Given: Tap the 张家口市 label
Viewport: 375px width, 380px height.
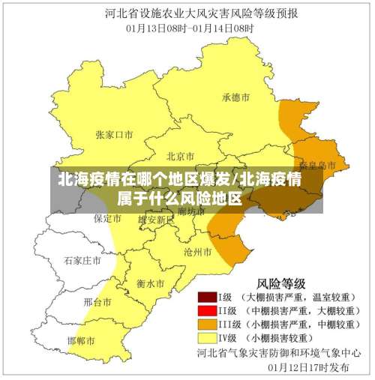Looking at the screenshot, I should point(114,135).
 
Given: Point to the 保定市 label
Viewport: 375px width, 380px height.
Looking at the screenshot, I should point(107,219).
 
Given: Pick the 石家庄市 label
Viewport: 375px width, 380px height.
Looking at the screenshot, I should point(82,261).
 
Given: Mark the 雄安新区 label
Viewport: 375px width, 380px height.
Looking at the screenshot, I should point(156,220).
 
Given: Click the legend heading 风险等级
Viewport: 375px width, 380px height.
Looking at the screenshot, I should point(281,283).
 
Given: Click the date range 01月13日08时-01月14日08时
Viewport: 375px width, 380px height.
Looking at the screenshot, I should point(187,28).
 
